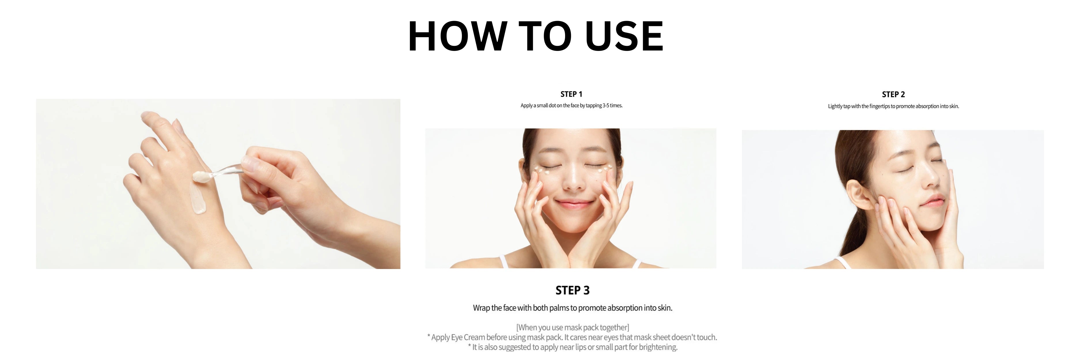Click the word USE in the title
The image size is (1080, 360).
pos(624,37)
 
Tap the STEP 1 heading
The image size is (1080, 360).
pos(571,94)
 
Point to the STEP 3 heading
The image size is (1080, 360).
pos(572,290)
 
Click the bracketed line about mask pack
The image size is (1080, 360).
pos(572,327)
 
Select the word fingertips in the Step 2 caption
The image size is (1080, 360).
pos(880,107)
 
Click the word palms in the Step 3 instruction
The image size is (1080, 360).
pos(559,308)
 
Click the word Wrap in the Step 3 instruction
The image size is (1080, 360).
pos(481,308)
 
